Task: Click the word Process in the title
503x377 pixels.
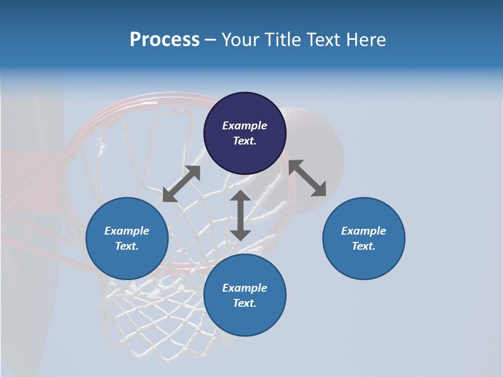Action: pos(165,40)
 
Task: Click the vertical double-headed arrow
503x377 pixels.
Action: pos(240,215)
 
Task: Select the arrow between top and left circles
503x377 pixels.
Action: pos(181,184)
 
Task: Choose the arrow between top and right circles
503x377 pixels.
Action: pos(308,178)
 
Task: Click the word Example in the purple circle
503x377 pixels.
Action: pos(245,126)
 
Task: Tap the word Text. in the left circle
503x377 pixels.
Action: pos(127,246)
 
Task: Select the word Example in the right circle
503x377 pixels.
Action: pos(364,231)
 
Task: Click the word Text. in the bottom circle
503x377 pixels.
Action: pos(245,303)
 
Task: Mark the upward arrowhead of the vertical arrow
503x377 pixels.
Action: pos(240,196)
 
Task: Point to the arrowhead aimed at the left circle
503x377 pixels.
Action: pos(169,195)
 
